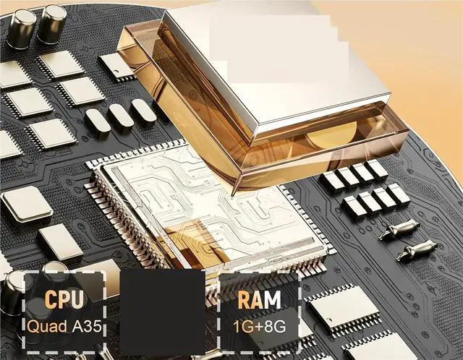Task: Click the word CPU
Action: [x=64, y=299]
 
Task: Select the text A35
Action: [x=87, y=326]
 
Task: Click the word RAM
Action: [x=259, y=300]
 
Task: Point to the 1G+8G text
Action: [x=259, y=327]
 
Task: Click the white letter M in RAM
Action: [x=272, y=300]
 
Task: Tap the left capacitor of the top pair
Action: [x=21, y=29]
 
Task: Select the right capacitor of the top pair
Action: [x=52, y=24]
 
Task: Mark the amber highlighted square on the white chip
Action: [x=195, y=241]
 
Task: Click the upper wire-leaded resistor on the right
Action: [x=399, y=228]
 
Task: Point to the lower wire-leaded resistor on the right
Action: [x=417, y=249]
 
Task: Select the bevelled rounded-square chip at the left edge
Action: [x=27, y=204]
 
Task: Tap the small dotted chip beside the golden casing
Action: [x=116, y=67]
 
